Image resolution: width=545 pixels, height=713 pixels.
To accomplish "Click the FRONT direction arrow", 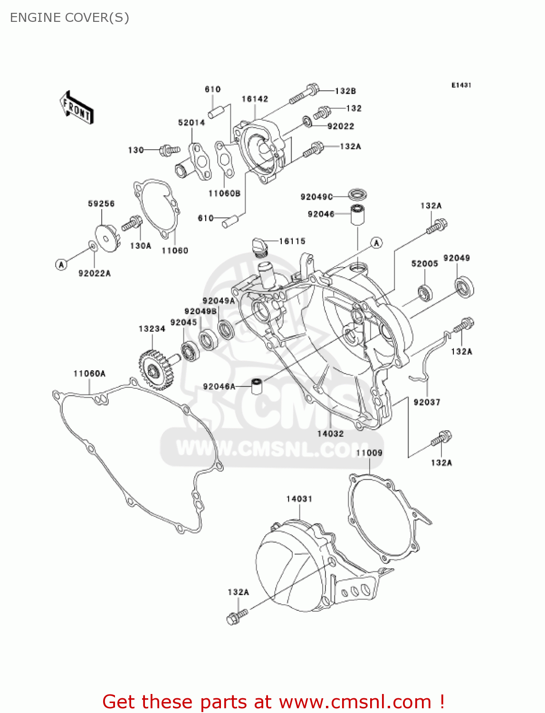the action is point(76,108).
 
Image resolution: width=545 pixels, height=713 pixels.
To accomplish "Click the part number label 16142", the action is point(255,99).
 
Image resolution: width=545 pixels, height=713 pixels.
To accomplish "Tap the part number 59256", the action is point(101,203).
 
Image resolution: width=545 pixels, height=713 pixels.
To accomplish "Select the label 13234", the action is point(152,328).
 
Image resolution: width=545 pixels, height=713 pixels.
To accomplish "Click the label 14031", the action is point(299,499).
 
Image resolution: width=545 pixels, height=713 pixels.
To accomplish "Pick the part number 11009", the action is point(369,453).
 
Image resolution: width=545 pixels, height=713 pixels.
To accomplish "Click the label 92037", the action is point(427,402).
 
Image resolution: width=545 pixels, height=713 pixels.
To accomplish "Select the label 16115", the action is point(292,241).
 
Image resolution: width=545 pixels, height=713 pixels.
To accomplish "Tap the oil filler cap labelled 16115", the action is point(259,247).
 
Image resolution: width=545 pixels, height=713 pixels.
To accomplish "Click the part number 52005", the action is point(424,263).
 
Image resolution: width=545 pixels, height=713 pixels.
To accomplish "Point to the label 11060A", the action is point(89,374).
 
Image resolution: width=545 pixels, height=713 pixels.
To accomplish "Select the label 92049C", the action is point(316,197).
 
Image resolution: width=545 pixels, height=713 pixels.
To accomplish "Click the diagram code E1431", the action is point(461,85).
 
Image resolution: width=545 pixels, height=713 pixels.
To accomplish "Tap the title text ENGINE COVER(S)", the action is point(69,18).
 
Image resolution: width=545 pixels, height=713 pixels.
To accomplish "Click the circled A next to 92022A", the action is point(61,264).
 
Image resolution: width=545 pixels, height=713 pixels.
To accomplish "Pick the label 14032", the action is point(330,434).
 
